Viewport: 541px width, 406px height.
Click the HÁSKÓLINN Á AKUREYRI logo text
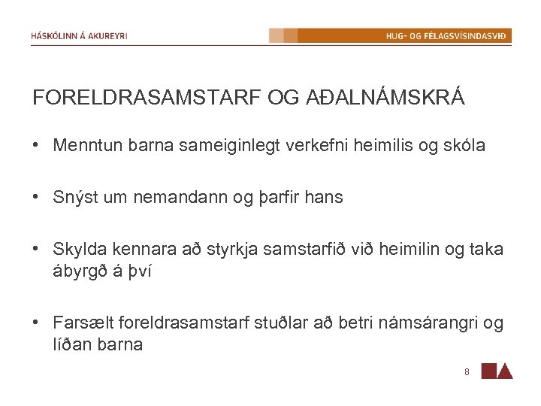[x=80, y=35]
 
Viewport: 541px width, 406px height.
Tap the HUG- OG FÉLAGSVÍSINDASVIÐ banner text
[x=446, y=35]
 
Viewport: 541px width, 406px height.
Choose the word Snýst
[x=73, y=198]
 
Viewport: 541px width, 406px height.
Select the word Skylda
[x=78, y=250]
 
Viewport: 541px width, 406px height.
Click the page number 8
[x=467, y=371]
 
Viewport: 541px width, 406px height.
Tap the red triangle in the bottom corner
[x=506, y=371]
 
